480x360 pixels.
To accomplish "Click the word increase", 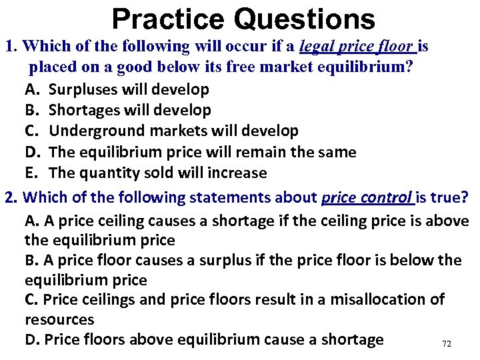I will pyautogui.click(x=237, y=173).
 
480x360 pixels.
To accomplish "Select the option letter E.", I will pyautogui.click(x=31, y=173).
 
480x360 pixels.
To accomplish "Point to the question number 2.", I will pyautogui.click(x=9, y=198).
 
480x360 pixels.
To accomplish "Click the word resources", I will pyautogui.click(x=59, y=319).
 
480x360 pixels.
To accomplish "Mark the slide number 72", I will pyautogui.click(x=447, y=343).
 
